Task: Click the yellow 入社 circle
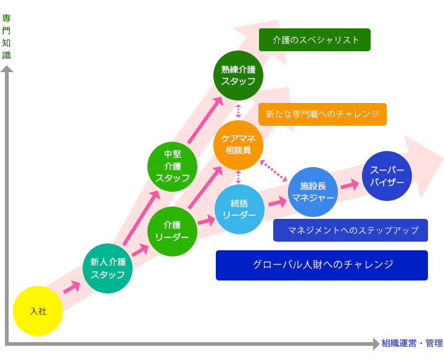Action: coord(38,311)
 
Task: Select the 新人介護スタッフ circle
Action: coord(108,268)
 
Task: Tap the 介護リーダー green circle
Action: coord(172,231)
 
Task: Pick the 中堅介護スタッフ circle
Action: coord(172,166)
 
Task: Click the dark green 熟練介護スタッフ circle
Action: coord(238,75)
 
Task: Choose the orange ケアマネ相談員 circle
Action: coord(238,145)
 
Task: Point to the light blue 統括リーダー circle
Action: coord(239,209)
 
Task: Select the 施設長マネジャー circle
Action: coord(313,192)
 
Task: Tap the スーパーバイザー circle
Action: coord(387,176)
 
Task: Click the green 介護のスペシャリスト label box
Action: coord(314,39)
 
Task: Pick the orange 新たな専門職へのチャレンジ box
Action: coord(322,114)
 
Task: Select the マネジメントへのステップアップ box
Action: coord(350,230)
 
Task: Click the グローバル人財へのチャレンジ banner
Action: coord(321,265)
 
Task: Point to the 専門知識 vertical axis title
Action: coord(6,36)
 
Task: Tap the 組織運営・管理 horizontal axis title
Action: coord(412,343)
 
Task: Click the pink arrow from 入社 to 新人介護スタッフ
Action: coord(72,287)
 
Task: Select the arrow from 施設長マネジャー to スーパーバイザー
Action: coord(350,184)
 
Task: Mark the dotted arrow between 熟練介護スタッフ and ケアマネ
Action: coord(238,111)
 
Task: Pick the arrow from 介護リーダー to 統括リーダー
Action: coord(206,219)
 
